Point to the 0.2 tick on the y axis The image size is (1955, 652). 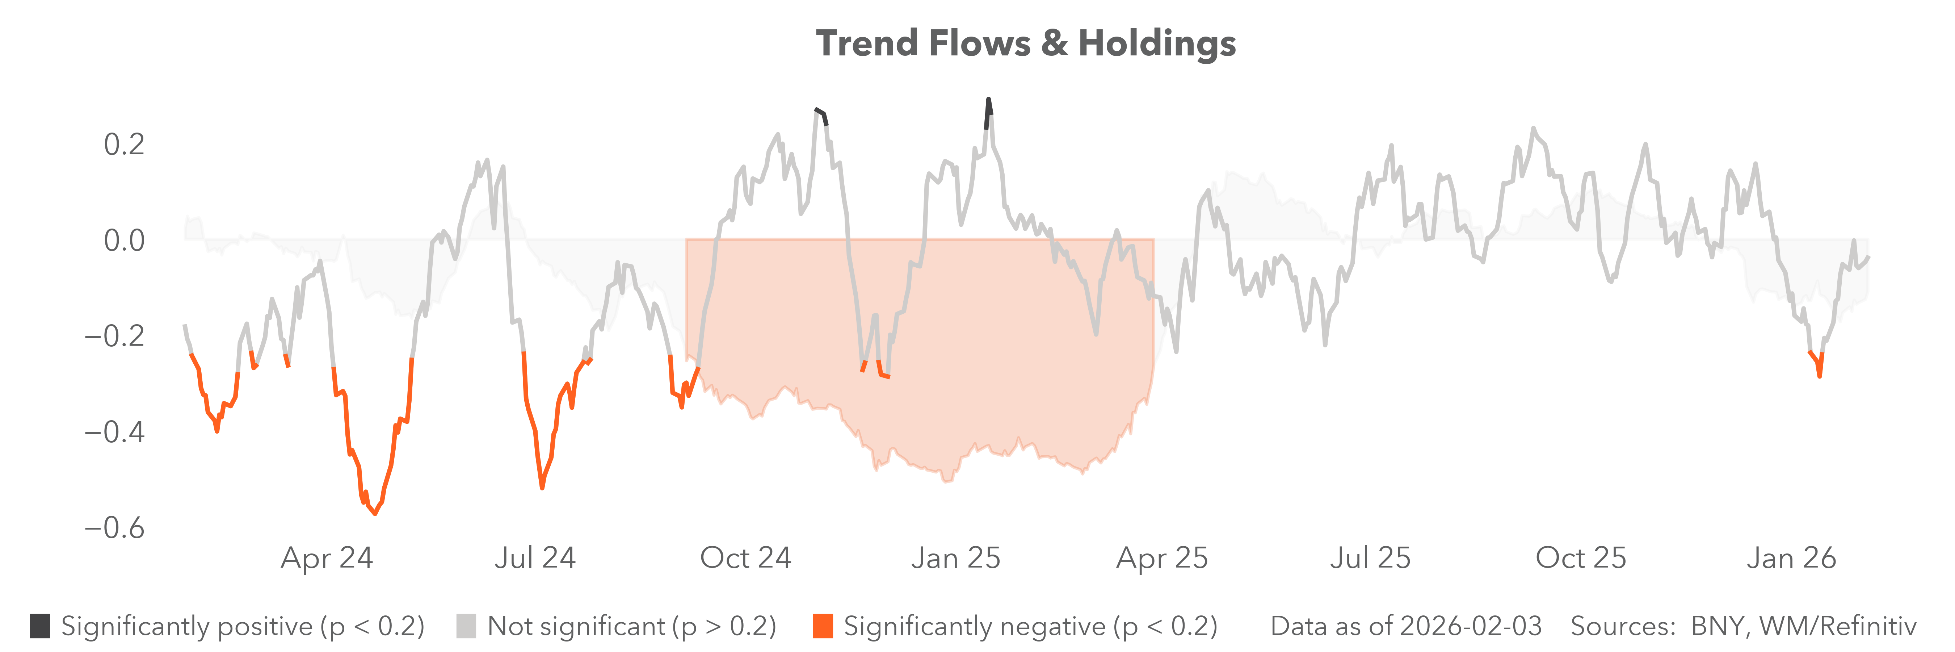tap(124, 144)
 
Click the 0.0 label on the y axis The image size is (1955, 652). tap(124, 241)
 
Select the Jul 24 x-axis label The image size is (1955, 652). tap(535, 558)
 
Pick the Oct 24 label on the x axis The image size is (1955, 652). tap(745, 558)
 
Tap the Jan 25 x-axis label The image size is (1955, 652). tap(955, 558)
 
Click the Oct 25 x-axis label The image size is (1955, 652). tap(1581, 558)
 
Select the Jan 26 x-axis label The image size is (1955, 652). tap(1791, 558)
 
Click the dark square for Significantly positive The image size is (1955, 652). tap(40, 626)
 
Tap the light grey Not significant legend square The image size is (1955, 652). tap(466, 626)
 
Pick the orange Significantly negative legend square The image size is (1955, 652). tap(823, 626)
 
